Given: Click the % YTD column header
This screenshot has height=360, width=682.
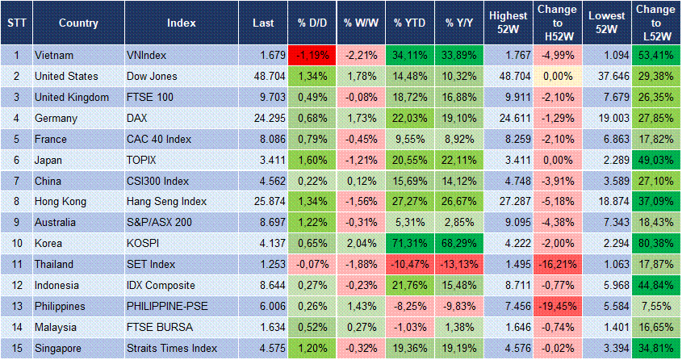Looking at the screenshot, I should tap(410, 23).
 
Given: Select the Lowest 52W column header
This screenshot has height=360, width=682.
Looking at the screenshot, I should tap(607, 23).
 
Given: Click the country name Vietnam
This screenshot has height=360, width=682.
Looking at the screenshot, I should tap(54, 55).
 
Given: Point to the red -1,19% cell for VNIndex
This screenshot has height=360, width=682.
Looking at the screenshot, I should tap(311, 55).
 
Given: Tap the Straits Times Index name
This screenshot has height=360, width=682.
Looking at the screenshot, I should tap(172, 348).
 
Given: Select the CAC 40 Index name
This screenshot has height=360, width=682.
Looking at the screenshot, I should tap(159, 139).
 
